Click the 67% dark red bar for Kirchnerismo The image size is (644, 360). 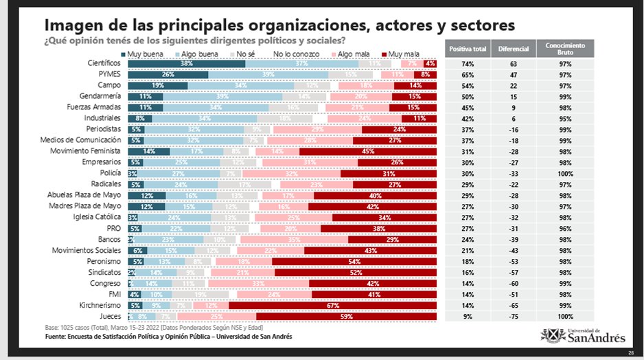(333, 304)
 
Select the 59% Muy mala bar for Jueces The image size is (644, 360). (347, 316)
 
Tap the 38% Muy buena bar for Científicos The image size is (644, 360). (186, 64)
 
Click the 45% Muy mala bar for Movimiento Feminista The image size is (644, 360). (369, 150)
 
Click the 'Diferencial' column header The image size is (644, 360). (512, 49)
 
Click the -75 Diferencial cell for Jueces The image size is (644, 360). (512, 316)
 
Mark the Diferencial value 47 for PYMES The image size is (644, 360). (512, 75)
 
